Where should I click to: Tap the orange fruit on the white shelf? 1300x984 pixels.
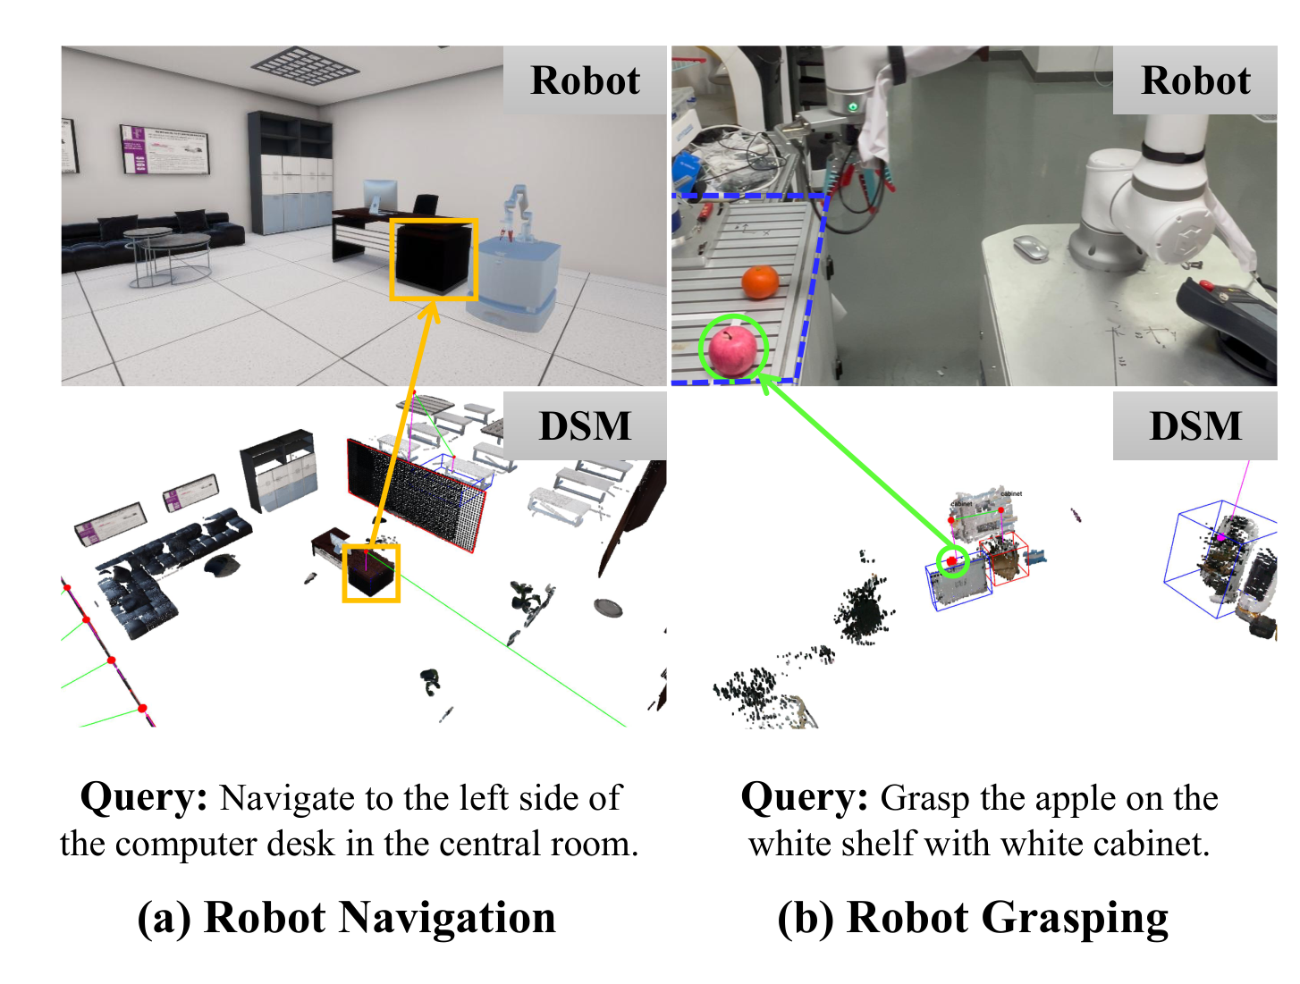[761, 282]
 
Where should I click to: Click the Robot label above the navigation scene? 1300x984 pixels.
[585, 80]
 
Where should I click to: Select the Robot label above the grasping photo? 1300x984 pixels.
[1195, 80]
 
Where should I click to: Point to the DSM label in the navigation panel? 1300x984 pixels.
[585, 426]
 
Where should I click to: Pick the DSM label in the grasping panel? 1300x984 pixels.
[1195, 426]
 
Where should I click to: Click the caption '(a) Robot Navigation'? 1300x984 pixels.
[347, 918]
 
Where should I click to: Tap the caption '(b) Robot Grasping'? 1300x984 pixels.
[973, 918]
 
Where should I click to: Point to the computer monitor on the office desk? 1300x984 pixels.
[380, 196]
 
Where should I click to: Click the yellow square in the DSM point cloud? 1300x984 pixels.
[371, 572]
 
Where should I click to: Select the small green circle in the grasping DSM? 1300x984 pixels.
[953, 561]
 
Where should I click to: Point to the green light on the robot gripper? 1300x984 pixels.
[854, 107]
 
